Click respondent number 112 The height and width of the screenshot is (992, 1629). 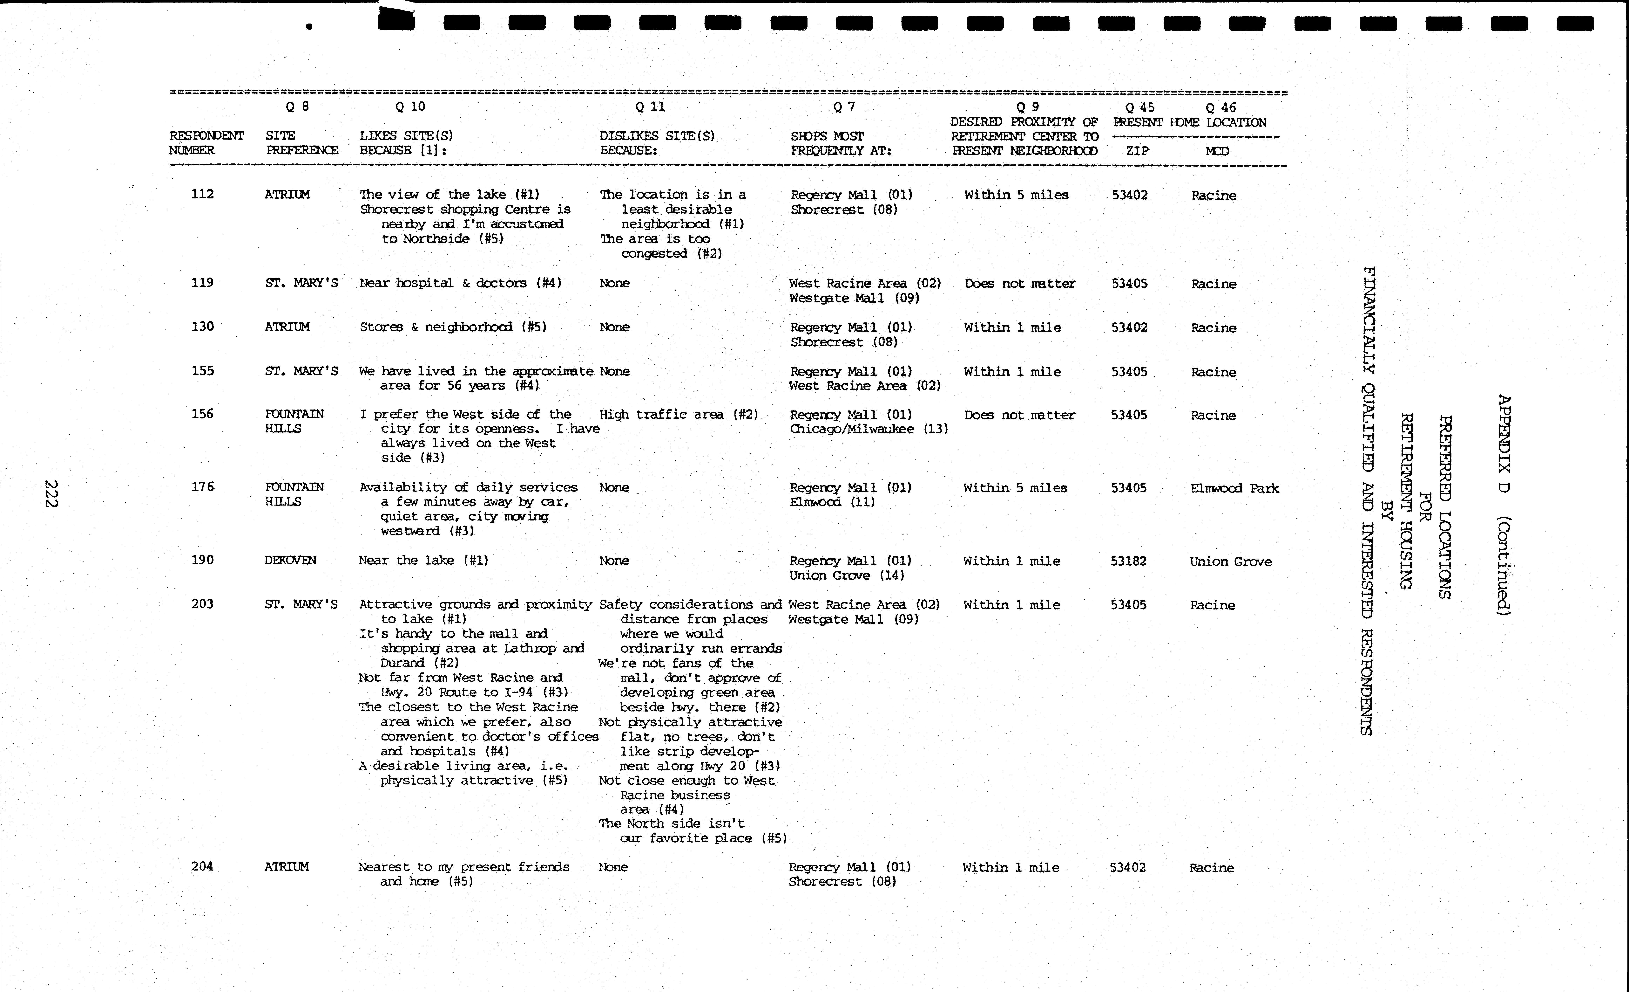coord(202,194)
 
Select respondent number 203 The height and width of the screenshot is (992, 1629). coord(202,604)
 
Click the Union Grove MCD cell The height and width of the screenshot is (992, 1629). coord(1230,561)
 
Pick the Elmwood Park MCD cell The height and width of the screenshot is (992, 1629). coord(1234,488)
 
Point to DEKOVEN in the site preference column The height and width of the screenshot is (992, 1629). coord(290,560)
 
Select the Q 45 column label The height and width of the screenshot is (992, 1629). coord(1140,107)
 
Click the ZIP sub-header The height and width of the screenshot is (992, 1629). coord(1137,151)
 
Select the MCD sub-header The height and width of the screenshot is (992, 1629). coord(1216,151)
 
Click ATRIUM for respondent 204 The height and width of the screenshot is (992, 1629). coord(286,866)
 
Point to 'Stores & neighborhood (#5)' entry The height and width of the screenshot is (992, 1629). coord(453,327)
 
